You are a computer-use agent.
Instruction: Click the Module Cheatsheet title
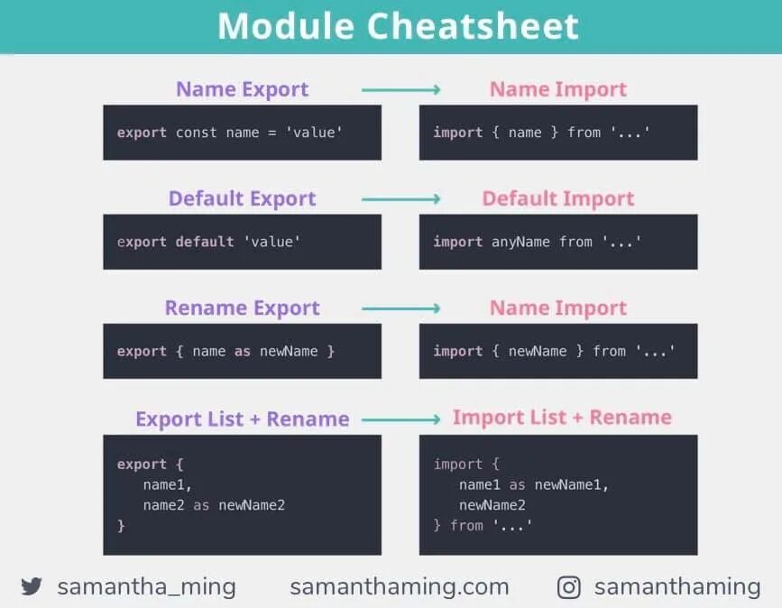(398, 26)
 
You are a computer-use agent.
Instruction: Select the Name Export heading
(242, 89)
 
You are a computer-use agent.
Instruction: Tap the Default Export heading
(242, 198)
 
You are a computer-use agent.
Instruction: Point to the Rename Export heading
(242, 309)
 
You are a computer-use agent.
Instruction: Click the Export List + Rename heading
(242, 419)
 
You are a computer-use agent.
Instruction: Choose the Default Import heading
(557, 198)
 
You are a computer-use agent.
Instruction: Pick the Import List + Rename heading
(562, 418)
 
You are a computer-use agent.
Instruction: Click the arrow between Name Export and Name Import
(400, 89)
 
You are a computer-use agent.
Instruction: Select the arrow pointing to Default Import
(400, 198)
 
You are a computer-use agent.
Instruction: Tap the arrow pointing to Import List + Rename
(400, 419)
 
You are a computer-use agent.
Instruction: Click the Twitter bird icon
(32, 587)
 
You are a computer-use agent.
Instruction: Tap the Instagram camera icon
(569, 588)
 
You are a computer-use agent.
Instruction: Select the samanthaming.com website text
(399, 587)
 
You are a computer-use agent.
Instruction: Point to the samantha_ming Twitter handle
(146, 587)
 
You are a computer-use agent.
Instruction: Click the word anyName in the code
(520, 242)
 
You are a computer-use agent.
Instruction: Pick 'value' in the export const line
(314, 133)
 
